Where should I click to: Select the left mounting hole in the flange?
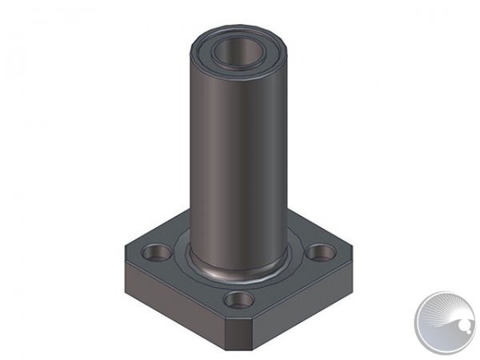coord(158,254)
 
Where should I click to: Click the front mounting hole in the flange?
coord(238,301)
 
